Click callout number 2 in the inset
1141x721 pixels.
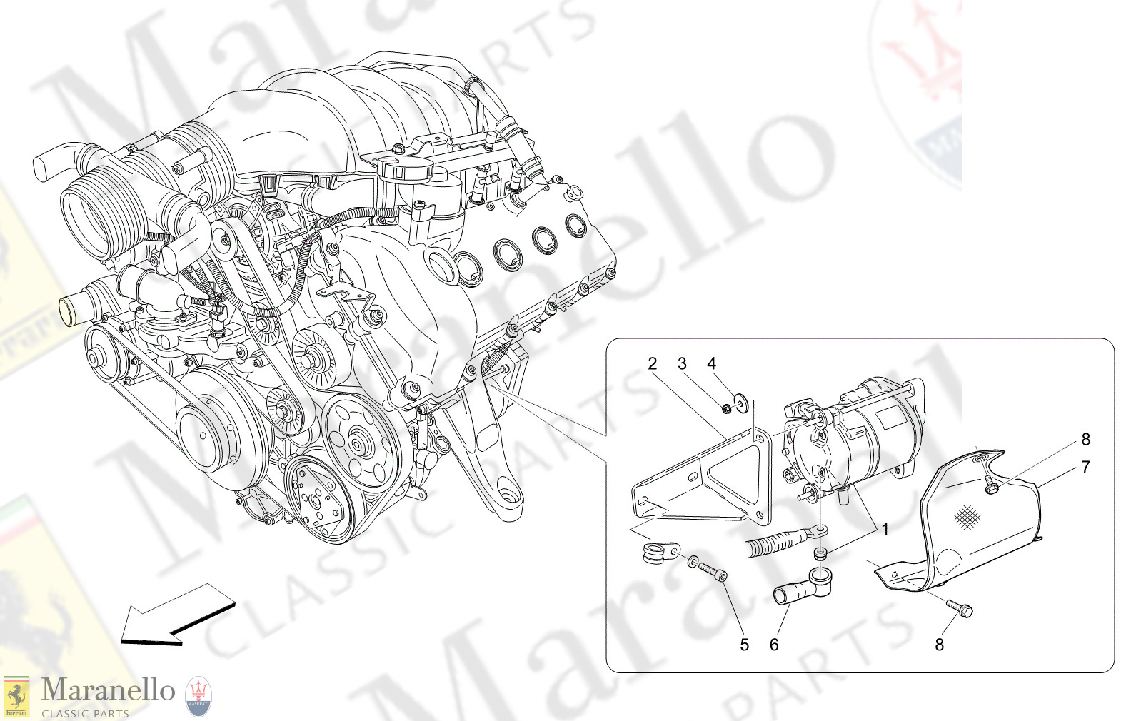click(x=652, y=363)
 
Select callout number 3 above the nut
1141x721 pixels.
click(x=682, y=363)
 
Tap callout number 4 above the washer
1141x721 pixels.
click(x=711, y=363)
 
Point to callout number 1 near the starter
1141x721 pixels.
click(x=885, y=529)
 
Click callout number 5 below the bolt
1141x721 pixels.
click(x=744, y=645)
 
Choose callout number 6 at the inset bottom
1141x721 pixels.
click(x=774, y=645)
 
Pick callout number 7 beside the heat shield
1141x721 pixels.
click(x=1085, y=467)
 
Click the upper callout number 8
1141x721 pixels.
click(x=1085, y=439)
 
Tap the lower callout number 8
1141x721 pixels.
click(x=939, y=645)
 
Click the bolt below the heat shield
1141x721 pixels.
click(x=960, y=607)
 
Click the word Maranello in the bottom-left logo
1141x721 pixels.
click(x=108, y=690)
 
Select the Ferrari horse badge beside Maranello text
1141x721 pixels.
click(x=16, y=696)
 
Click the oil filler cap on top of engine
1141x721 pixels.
click(x=405, y=170)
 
